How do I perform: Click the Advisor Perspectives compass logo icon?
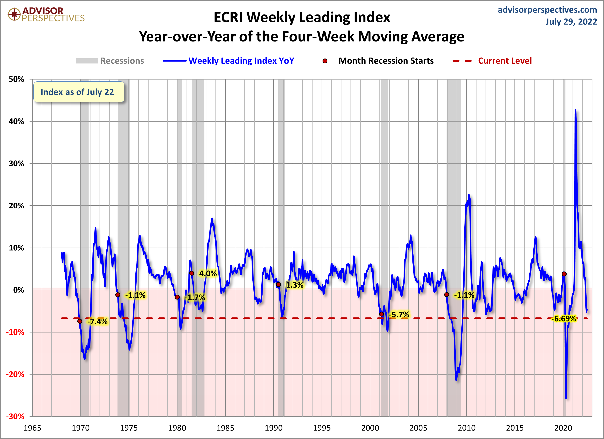pyautogui.click(x=14, y=14)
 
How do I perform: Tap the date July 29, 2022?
pyautogui.click(x=571, y=22)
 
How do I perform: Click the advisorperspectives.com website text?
pyautogui.click(x=547, y=10)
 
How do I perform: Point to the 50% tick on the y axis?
pyautogui.click(x=17, y=79)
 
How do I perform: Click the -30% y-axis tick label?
pyautogui.click(x=15, y=416)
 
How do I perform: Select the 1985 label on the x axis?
pyautogui.click(x=225, y=428)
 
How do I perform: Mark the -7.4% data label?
pyautogui.click(x=97, y=321)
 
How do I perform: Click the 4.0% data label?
pyautogui.click(x=208, y=274)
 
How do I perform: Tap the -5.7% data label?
pyautogui.click(x=399, y=315)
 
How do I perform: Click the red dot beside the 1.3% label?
pyautogui.click(x=279, y=284)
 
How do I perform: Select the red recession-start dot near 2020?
pyautogui.click(x=564, y=274)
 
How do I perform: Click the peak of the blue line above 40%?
pyautogui.click(x=575, y=110)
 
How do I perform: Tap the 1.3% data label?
pyautogui.click(x=295, y=285)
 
